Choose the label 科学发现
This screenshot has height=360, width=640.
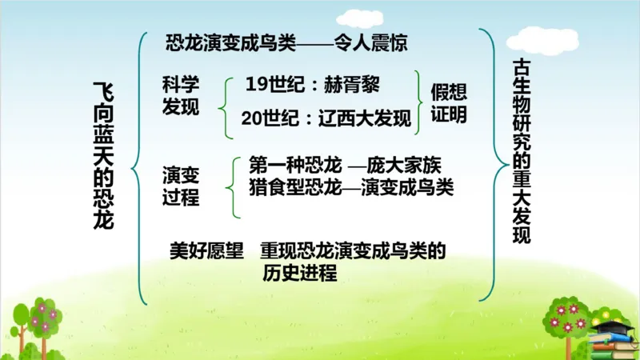[x=180, y=96]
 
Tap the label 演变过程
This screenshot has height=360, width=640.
[x=180, y=186]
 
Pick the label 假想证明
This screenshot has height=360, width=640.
[x=449, y=102]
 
